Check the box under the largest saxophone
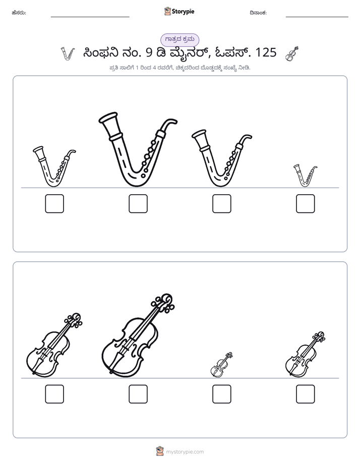point(138,204)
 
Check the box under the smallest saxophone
point(306,204)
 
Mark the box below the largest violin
point(138,394)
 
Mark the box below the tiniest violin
point(221,394)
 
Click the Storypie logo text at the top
point(183,11)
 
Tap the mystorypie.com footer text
point(185,452)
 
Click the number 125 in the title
point(266,52)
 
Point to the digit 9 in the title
point(149,52)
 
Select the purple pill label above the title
point(179,39)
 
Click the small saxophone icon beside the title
point(68,54)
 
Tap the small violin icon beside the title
point(292,54)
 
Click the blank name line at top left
point(90,17)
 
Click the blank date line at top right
point(317,17)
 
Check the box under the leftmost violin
point(54,394)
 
